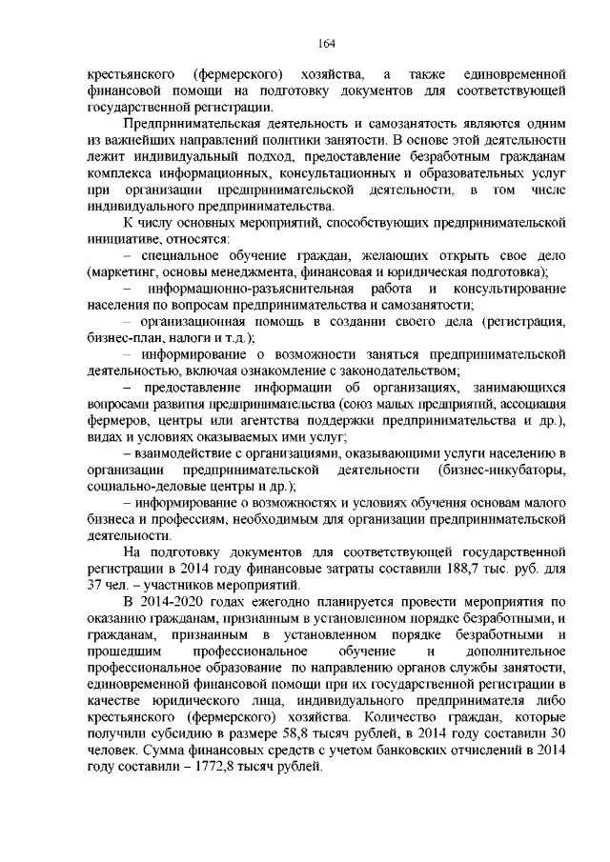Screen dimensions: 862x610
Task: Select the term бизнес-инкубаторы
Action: (505, 471)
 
